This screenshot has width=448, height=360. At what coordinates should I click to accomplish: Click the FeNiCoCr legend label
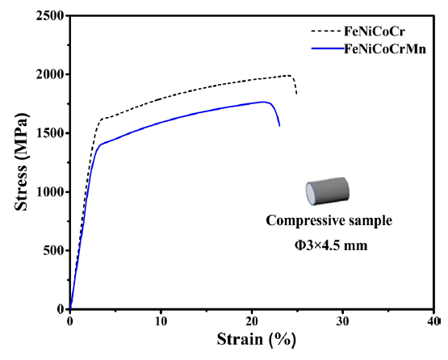(375, 31)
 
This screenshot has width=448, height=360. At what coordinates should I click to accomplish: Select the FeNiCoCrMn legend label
(385, 49)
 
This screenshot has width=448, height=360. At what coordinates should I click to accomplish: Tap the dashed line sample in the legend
(327, 31)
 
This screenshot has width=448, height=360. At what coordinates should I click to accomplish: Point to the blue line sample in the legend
(328, 49)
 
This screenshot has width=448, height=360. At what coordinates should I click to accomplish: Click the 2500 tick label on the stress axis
(50, 15)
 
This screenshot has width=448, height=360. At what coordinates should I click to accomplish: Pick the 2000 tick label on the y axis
(50, 74)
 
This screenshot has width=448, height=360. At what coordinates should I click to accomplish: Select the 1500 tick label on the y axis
(50, 133)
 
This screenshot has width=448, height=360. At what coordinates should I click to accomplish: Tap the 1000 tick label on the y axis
(50, 192)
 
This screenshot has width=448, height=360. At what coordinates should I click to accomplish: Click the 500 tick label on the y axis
(53, 250)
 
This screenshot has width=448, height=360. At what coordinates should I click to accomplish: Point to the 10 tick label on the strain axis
(161, 321)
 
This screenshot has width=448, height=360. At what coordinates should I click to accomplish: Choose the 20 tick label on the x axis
(251, 321)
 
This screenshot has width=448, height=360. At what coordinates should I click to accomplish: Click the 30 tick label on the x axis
(342, 321)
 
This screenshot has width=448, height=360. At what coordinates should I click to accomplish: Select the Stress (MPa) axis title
(22, 161)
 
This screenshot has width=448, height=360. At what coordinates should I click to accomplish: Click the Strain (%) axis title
(256, 340)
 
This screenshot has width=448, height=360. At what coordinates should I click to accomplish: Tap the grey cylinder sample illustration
(328, 190)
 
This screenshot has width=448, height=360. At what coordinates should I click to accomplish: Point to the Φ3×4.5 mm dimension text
(331, 245)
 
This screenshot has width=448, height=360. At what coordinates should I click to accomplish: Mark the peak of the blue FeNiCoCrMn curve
(263, 102)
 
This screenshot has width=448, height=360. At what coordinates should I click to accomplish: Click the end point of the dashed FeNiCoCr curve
(296, 94)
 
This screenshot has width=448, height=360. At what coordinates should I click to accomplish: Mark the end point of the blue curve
(279, 126)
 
